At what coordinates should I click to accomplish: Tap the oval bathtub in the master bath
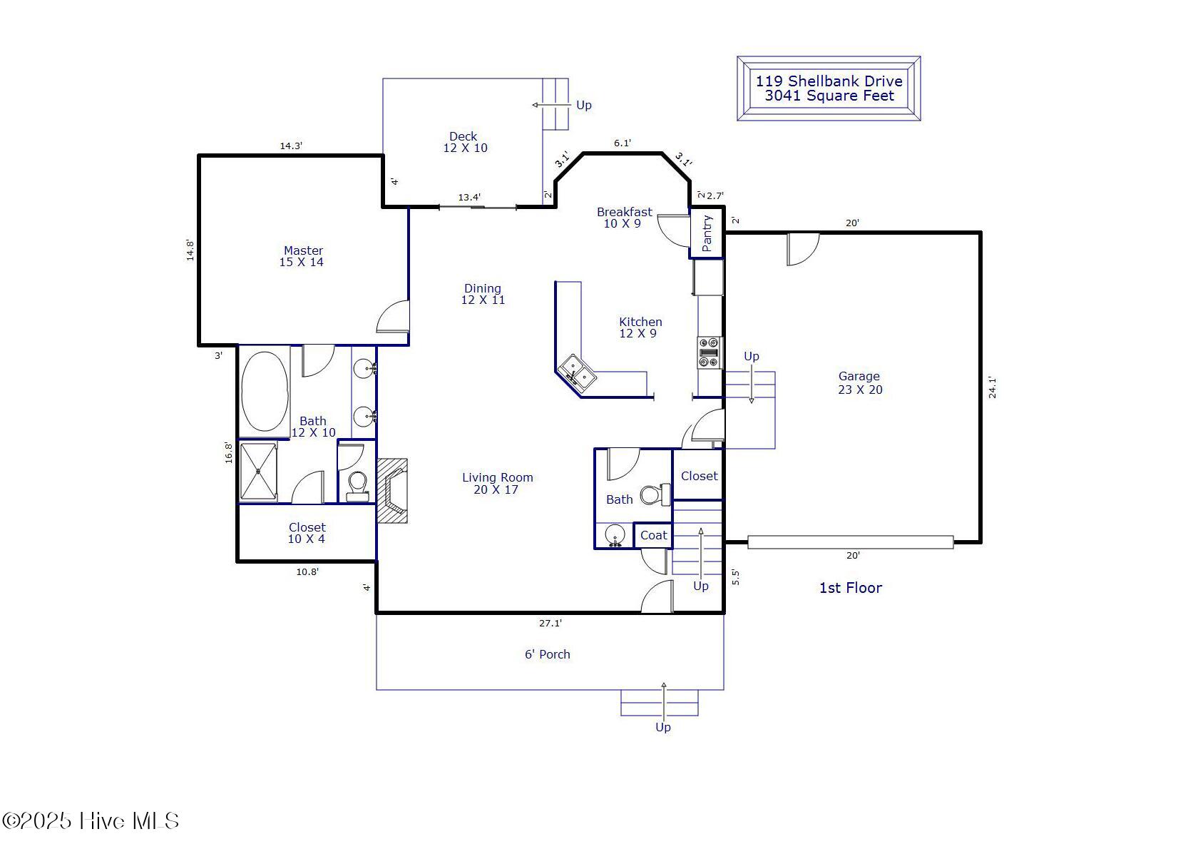pyautogui.click(x=265, y=391)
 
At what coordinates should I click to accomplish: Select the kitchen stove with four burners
pyautogui.click(x=710, y=352)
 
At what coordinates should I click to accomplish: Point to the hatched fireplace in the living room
pyautogui.click(x=392, y=491)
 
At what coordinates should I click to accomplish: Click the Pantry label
pyautogui.click(x=707, y=233)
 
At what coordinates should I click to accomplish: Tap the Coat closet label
pyautogui.click(x=653, y=535)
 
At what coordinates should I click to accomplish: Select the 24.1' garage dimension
pyautogui.click(x=992, y=387)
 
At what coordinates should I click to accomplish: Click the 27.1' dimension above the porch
pyautogui.click(x=550, y=623)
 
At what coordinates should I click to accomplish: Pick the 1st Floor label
pyautogui.click(x=850, y=588)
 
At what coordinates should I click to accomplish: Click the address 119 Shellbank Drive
pyautogui.click(x=829, y=81)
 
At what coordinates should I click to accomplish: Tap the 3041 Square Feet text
pyautogui.click(x=829, y=96)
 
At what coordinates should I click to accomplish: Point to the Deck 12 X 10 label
pyautogui.click(x=465, y=142)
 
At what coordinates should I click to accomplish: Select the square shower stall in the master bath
pyautogui.click(x=258, y=472)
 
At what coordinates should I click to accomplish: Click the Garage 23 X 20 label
pyautogui.click(x=860, y=382)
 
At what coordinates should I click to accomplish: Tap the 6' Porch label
pyautogui.click(x=548, y=654)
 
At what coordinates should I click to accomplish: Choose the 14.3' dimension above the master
pyautogui.click(x=291, y=146)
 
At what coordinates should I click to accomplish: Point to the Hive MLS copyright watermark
pyautogui.click(x=90, y=820)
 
